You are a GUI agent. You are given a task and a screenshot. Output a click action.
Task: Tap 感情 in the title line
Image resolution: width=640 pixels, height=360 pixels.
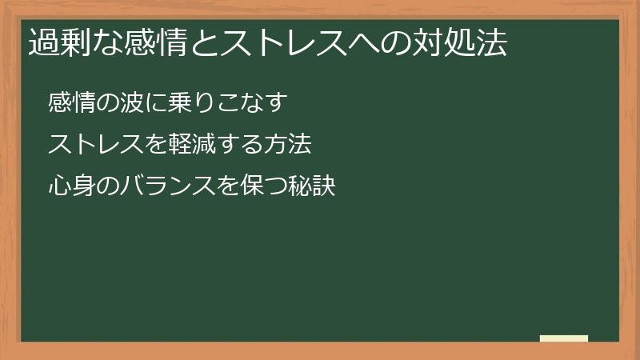pyautogui.click(x=152, y=43)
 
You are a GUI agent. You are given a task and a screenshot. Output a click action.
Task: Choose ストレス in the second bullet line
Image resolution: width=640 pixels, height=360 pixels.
pyautogui.click(x=94, y=145)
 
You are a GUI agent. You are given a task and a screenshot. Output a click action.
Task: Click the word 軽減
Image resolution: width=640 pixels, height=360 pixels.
pyautogui.click(x=190, y=145)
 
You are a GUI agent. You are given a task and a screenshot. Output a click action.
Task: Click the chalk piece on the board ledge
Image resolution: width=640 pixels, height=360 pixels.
pyautogui.click(x=563, y=338)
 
